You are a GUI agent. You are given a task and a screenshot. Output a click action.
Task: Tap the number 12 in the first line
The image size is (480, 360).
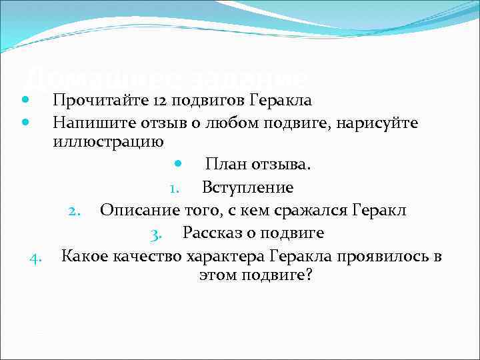point(161,101)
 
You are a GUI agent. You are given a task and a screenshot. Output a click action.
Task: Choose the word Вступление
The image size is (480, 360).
point(247,188)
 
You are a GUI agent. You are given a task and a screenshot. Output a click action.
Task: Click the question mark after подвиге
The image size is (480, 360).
point(307,275)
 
